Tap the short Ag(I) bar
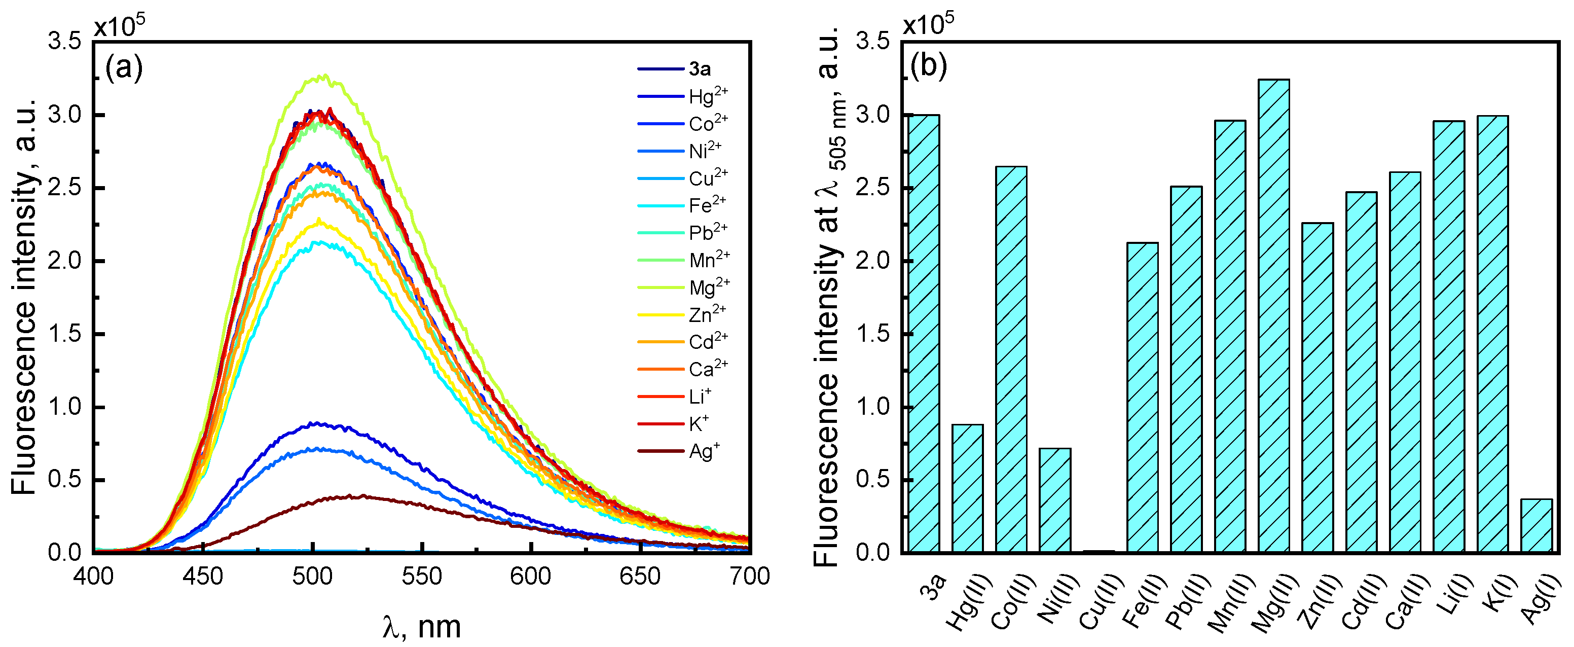[x=1535, y=525]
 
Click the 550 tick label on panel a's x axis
[x=422, y=576]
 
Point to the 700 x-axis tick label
[x=749, y=576]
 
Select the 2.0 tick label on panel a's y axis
[x=64, y=261]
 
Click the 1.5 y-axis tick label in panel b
[x=872, y=334]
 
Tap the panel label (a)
[x=124, y=68]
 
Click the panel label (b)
[x=928, y=65]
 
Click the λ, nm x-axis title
[x=422, y=627]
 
